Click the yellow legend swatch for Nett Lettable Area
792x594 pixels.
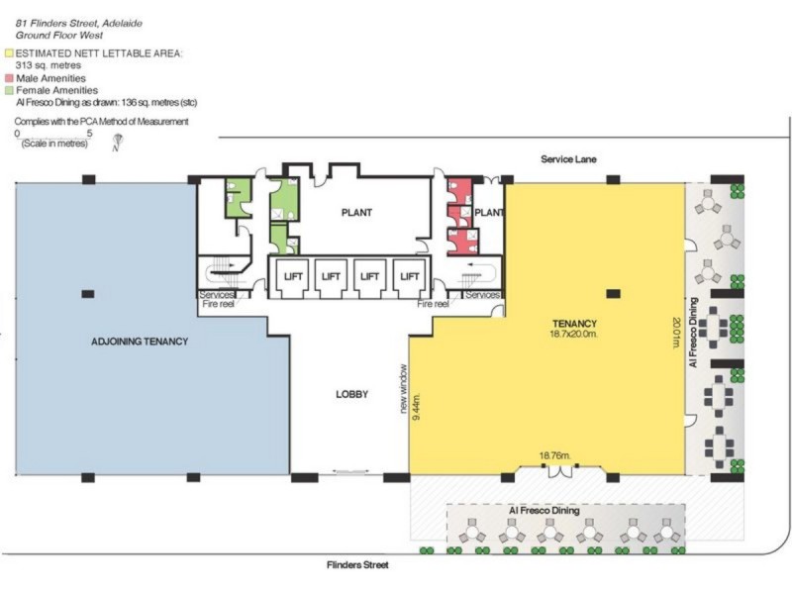(9, 52)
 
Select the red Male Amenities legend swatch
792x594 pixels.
(9, 78)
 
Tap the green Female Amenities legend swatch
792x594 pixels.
(9, 89)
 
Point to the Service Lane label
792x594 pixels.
(568, 159)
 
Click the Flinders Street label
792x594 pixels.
(357, 565)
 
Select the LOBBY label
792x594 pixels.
(351, 394)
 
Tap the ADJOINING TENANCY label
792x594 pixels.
(139, 342)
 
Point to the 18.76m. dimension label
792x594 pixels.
(555, 456)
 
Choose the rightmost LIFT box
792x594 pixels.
(408, 276)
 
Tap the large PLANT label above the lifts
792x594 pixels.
(356, 213)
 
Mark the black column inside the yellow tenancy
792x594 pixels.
(612, 293)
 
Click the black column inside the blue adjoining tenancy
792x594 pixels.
(88, 293)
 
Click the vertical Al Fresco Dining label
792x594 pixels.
(694, 335)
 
